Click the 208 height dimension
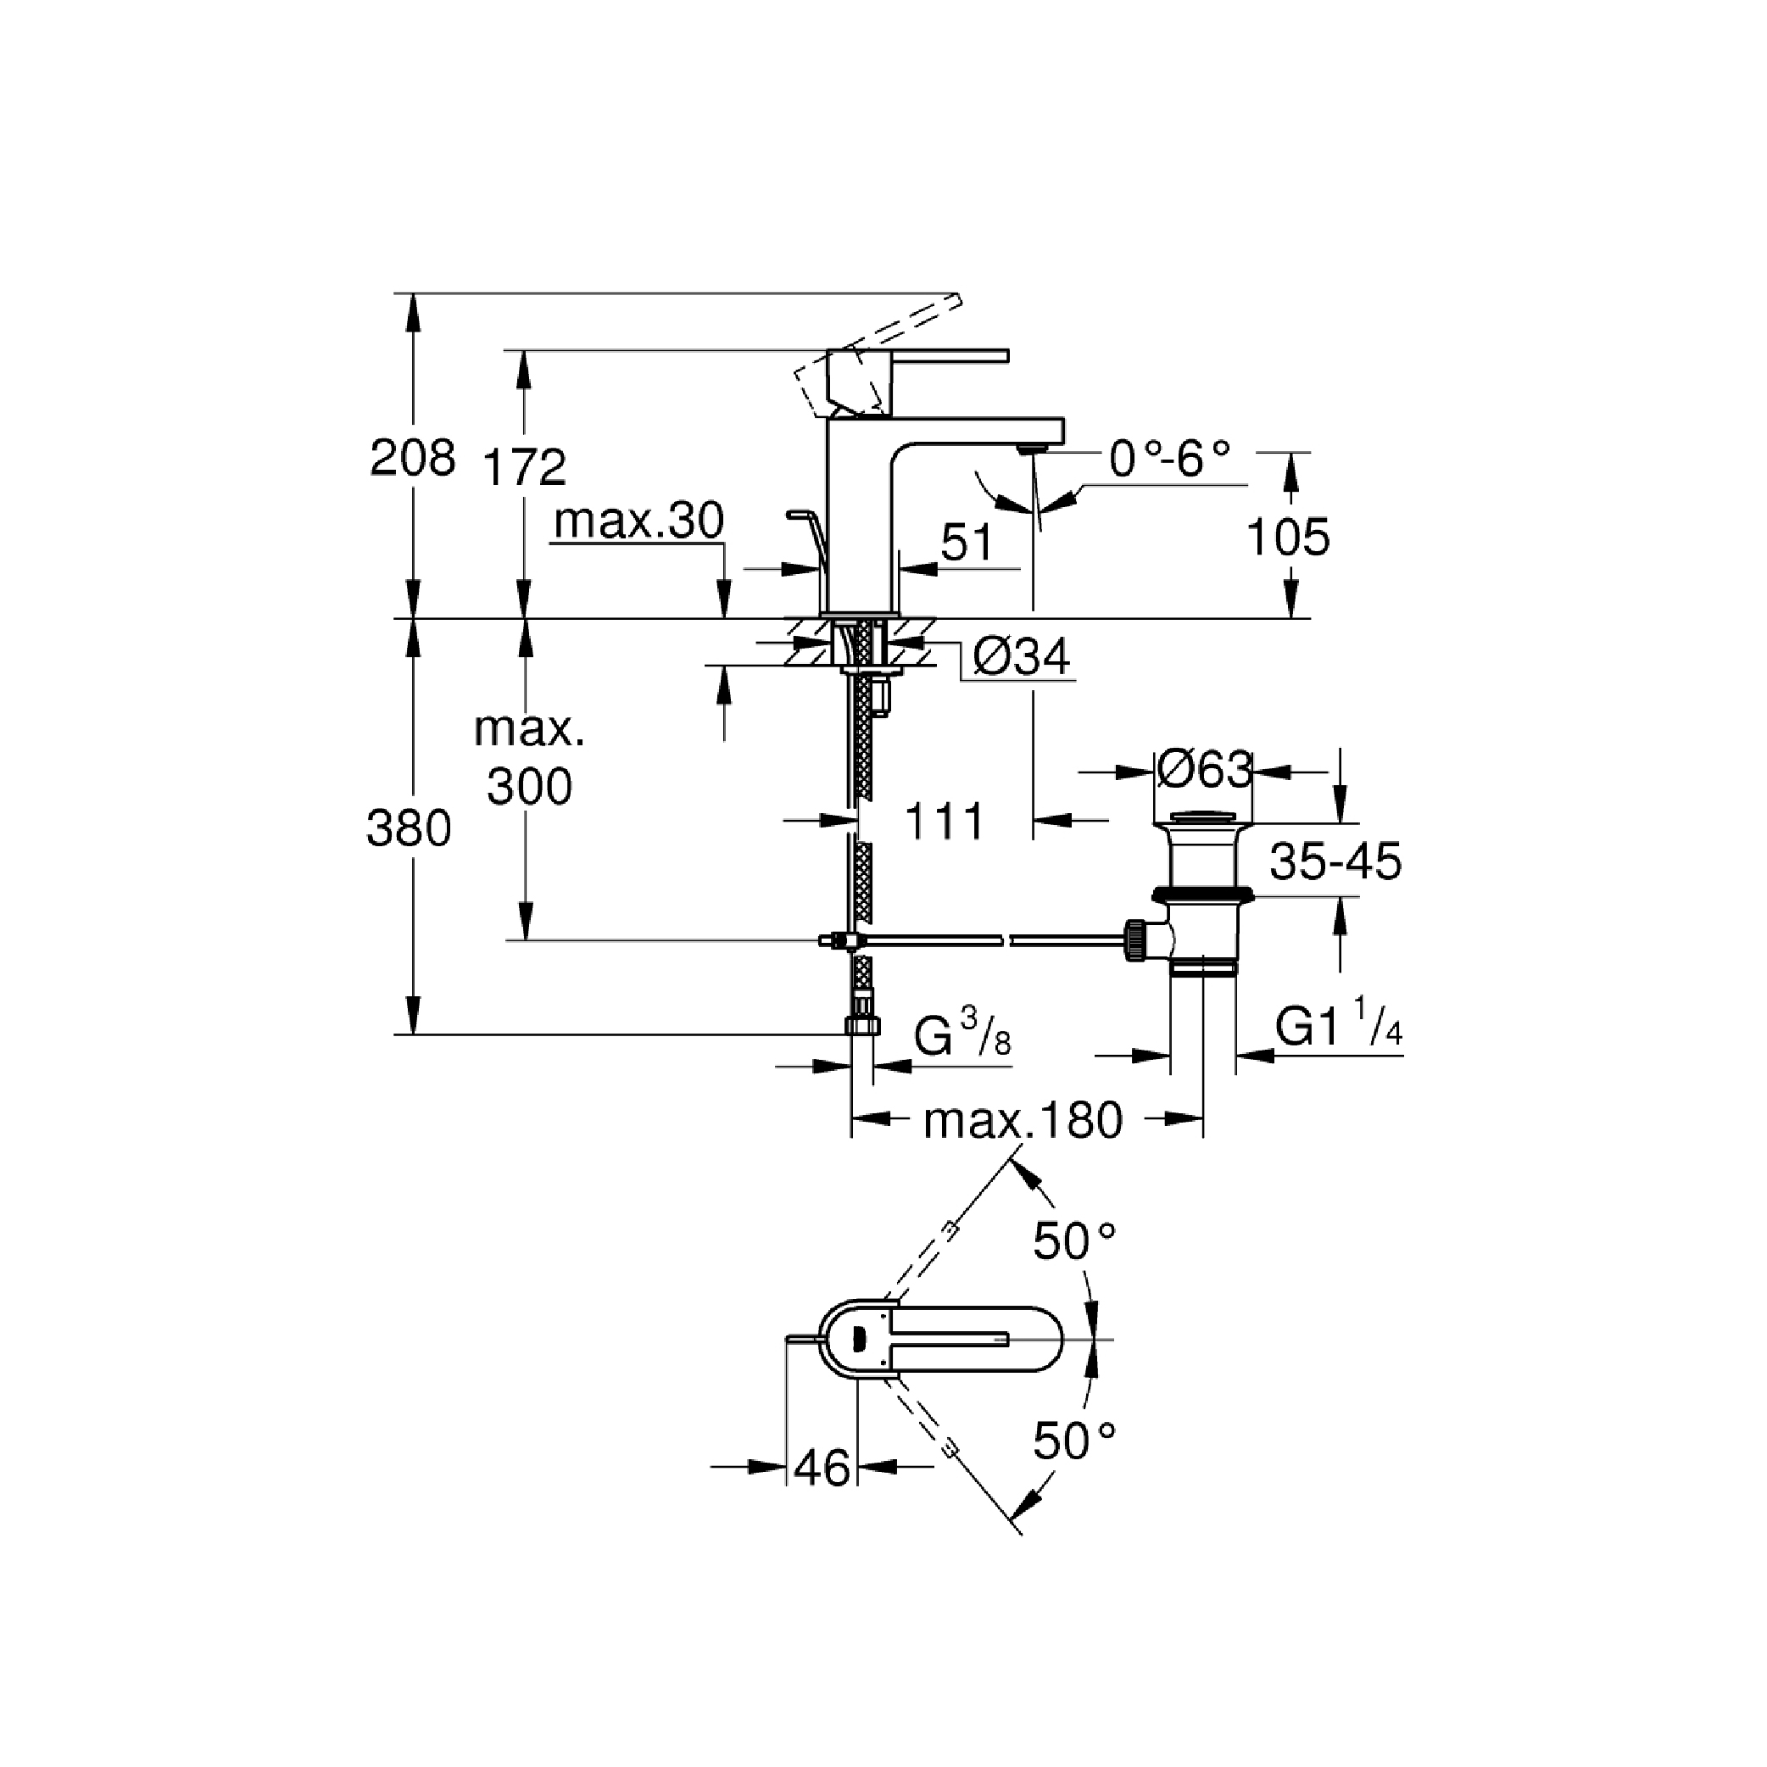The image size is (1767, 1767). (412, 458)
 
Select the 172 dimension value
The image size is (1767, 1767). (524, 466)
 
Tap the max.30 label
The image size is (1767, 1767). (638, 521)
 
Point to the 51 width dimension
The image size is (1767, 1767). (967, 543)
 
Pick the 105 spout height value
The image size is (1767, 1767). (1288, 538)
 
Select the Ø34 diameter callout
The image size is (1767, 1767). (1022, 656)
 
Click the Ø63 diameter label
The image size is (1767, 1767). (1204, 770)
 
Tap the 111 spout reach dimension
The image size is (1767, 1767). (944, 822)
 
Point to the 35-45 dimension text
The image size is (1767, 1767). (1335, 861)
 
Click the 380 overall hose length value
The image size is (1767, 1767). (409, 829)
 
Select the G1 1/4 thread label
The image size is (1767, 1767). (1338, 1026)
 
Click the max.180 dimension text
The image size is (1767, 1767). (1023, 1120)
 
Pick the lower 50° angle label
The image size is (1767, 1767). (1073, 1442)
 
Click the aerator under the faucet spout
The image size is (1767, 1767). (1033, 447)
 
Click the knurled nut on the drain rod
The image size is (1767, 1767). (1135, 940)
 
